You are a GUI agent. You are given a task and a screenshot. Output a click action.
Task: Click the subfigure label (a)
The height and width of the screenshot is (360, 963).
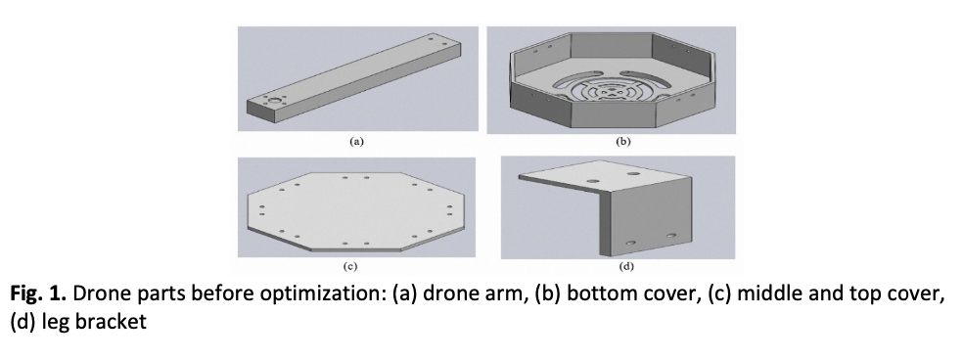click(357, 141)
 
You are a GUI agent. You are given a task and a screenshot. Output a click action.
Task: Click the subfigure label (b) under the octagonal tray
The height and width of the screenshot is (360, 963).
click(622, 141)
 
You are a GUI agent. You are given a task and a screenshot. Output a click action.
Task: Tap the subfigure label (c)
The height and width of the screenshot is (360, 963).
click(350, 266)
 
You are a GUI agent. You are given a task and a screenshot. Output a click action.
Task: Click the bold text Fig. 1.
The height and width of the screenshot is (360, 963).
click(38, 293)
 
